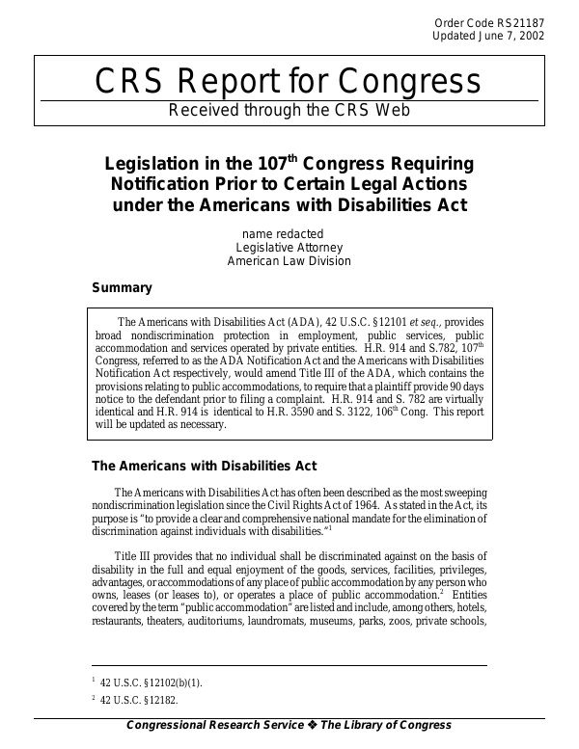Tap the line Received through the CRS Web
tap(289, 110)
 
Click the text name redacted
tap(282, 233)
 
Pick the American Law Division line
tap(289, 261)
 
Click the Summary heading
tap(122, 287)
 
